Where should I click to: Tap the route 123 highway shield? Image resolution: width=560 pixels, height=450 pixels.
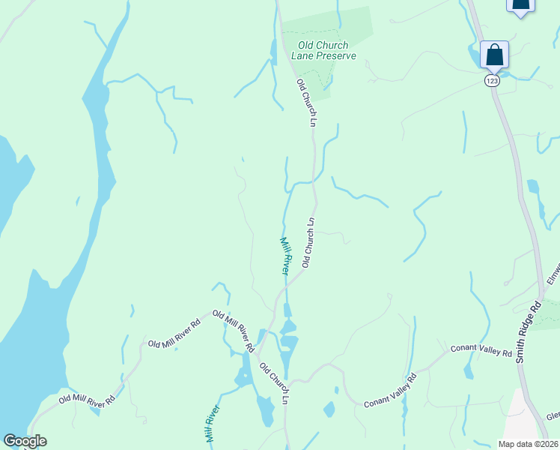click(491, 80)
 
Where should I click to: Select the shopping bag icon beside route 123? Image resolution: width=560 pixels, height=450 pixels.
click(494, 55)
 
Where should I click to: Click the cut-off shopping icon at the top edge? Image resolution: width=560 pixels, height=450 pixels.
click(521, 4)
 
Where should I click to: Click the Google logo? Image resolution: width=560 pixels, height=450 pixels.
click(25, 441)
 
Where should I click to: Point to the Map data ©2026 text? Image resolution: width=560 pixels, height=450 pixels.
click(526, 444)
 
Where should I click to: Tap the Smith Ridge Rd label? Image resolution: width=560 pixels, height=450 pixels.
click(528, 332)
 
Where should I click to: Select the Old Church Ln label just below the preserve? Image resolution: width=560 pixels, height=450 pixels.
click(307, 102)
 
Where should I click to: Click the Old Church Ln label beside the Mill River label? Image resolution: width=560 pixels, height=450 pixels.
click(308, 242)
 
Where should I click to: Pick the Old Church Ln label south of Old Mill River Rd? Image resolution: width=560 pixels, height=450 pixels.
click(274, 383)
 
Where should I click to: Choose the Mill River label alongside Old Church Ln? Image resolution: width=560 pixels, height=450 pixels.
click(284, 256)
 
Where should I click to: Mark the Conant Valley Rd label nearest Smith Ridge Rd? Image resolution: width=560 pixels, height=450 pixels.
click(481, 351)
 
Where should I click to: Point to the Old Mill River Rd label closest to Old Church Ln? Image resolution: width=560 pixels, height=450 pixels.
click(233, 331)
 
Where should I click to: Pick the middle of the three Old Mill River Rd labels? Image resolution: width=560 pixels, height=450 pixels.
click(174, 334)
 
